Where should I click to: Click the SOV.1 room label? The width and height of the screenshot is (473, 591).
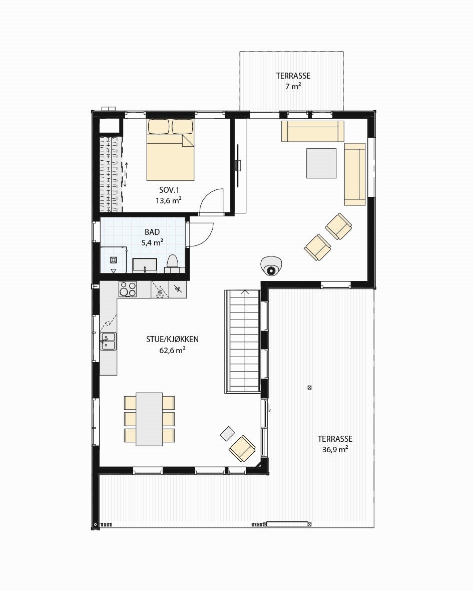coord(169,190)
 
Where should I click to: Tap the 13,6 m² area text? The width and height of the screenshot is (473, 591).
coord(168,200)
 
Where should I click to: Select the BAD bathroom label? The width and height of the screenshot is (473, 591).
coord(152,232)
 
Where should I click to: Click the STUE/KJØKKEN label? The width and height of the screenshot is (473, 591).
coord(172,339)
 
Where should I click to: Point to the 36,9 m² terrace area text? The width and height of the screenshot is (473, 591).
coord(335,450)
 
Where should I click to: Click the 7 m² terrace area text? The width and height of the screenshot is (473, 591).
coord(293,86)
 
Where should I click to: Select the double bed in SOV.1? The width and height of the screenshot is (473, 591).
coord(170,150)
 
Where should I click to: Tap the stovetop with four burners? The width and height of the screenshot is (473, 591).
coord(127,289)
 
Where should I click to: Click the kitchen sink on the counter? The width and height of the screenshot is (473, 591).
coord(108,341)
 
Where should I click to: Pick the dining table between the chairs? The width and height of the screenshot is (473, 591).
coord(149,419)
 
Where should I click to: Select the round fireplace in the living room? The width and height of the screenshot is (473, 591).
coord(271,266)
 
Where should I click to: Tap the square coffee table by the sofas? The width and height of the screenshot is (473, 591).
coord(321,163)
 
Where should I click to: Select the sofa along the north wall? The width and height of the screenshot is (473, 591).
coord(312,131)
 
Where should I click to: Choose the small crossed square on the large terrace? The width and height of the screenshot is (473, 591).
coord(309,387)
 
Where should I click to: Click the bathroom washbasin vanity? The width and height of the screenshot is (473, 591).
coord(145,264)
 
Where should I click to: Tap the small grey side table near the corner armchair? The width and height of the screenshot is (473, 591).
coord(227,433)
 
